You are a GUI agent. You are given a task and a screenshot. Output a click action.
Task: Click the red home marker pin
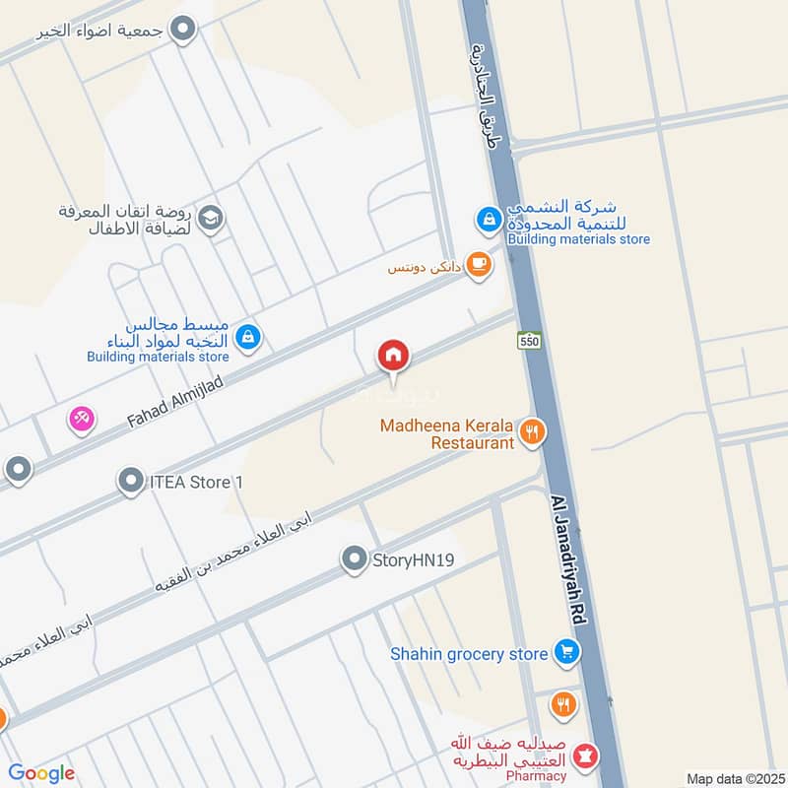point(393,356)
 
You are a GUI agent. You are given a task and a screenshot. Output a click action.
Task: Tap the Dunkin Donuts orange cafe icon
point(479,264)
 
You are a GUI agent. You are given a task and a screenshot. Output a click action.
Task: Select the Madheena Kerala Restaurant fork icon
point(532,431)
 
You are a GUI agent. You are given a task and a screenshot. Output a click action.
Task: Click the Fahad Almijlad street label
point(176,388)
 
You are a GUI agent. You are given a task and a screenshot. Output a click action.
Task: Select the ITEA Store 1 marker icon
point(131,482)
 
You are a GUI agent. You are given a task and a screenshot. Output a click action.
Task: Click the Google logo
point(41,773)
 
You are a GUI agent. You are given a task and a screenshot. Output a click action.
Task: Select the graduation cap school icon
point(210,219)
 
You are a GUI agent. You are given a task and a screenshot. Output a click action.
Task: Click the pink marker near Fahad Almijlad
point(81,419)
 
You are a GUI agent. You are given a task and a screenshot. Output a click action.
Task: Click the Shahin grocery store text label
point(468,653)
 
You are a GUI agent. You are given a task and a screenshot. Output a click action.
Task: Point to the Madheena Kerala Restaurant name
point(447,434)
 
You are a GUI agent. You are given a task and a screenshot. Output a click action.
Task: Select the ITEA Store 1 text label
point(196,483)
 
